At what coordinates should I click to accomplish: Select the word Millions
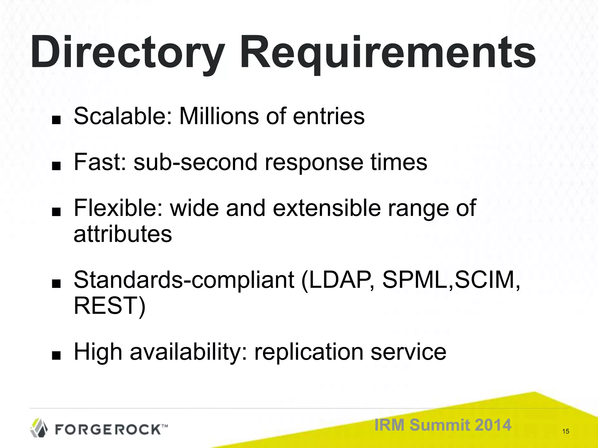(219, 116)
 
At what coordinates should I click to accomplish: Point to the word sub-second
(195, 162)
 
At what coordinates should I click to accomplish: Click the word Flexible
(118, 208)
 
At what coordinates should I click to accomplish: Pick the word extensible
(327, 208)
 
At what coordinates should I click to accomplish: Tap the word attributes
(123, 234)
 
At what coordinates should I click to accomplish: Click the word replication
(309, 352)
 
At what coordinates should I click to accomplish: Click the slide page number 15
(566, 431)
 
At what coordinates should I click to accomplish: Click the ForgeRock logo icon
(39, 428)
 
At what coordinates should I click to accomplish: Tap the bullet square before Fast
(56, 166)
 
